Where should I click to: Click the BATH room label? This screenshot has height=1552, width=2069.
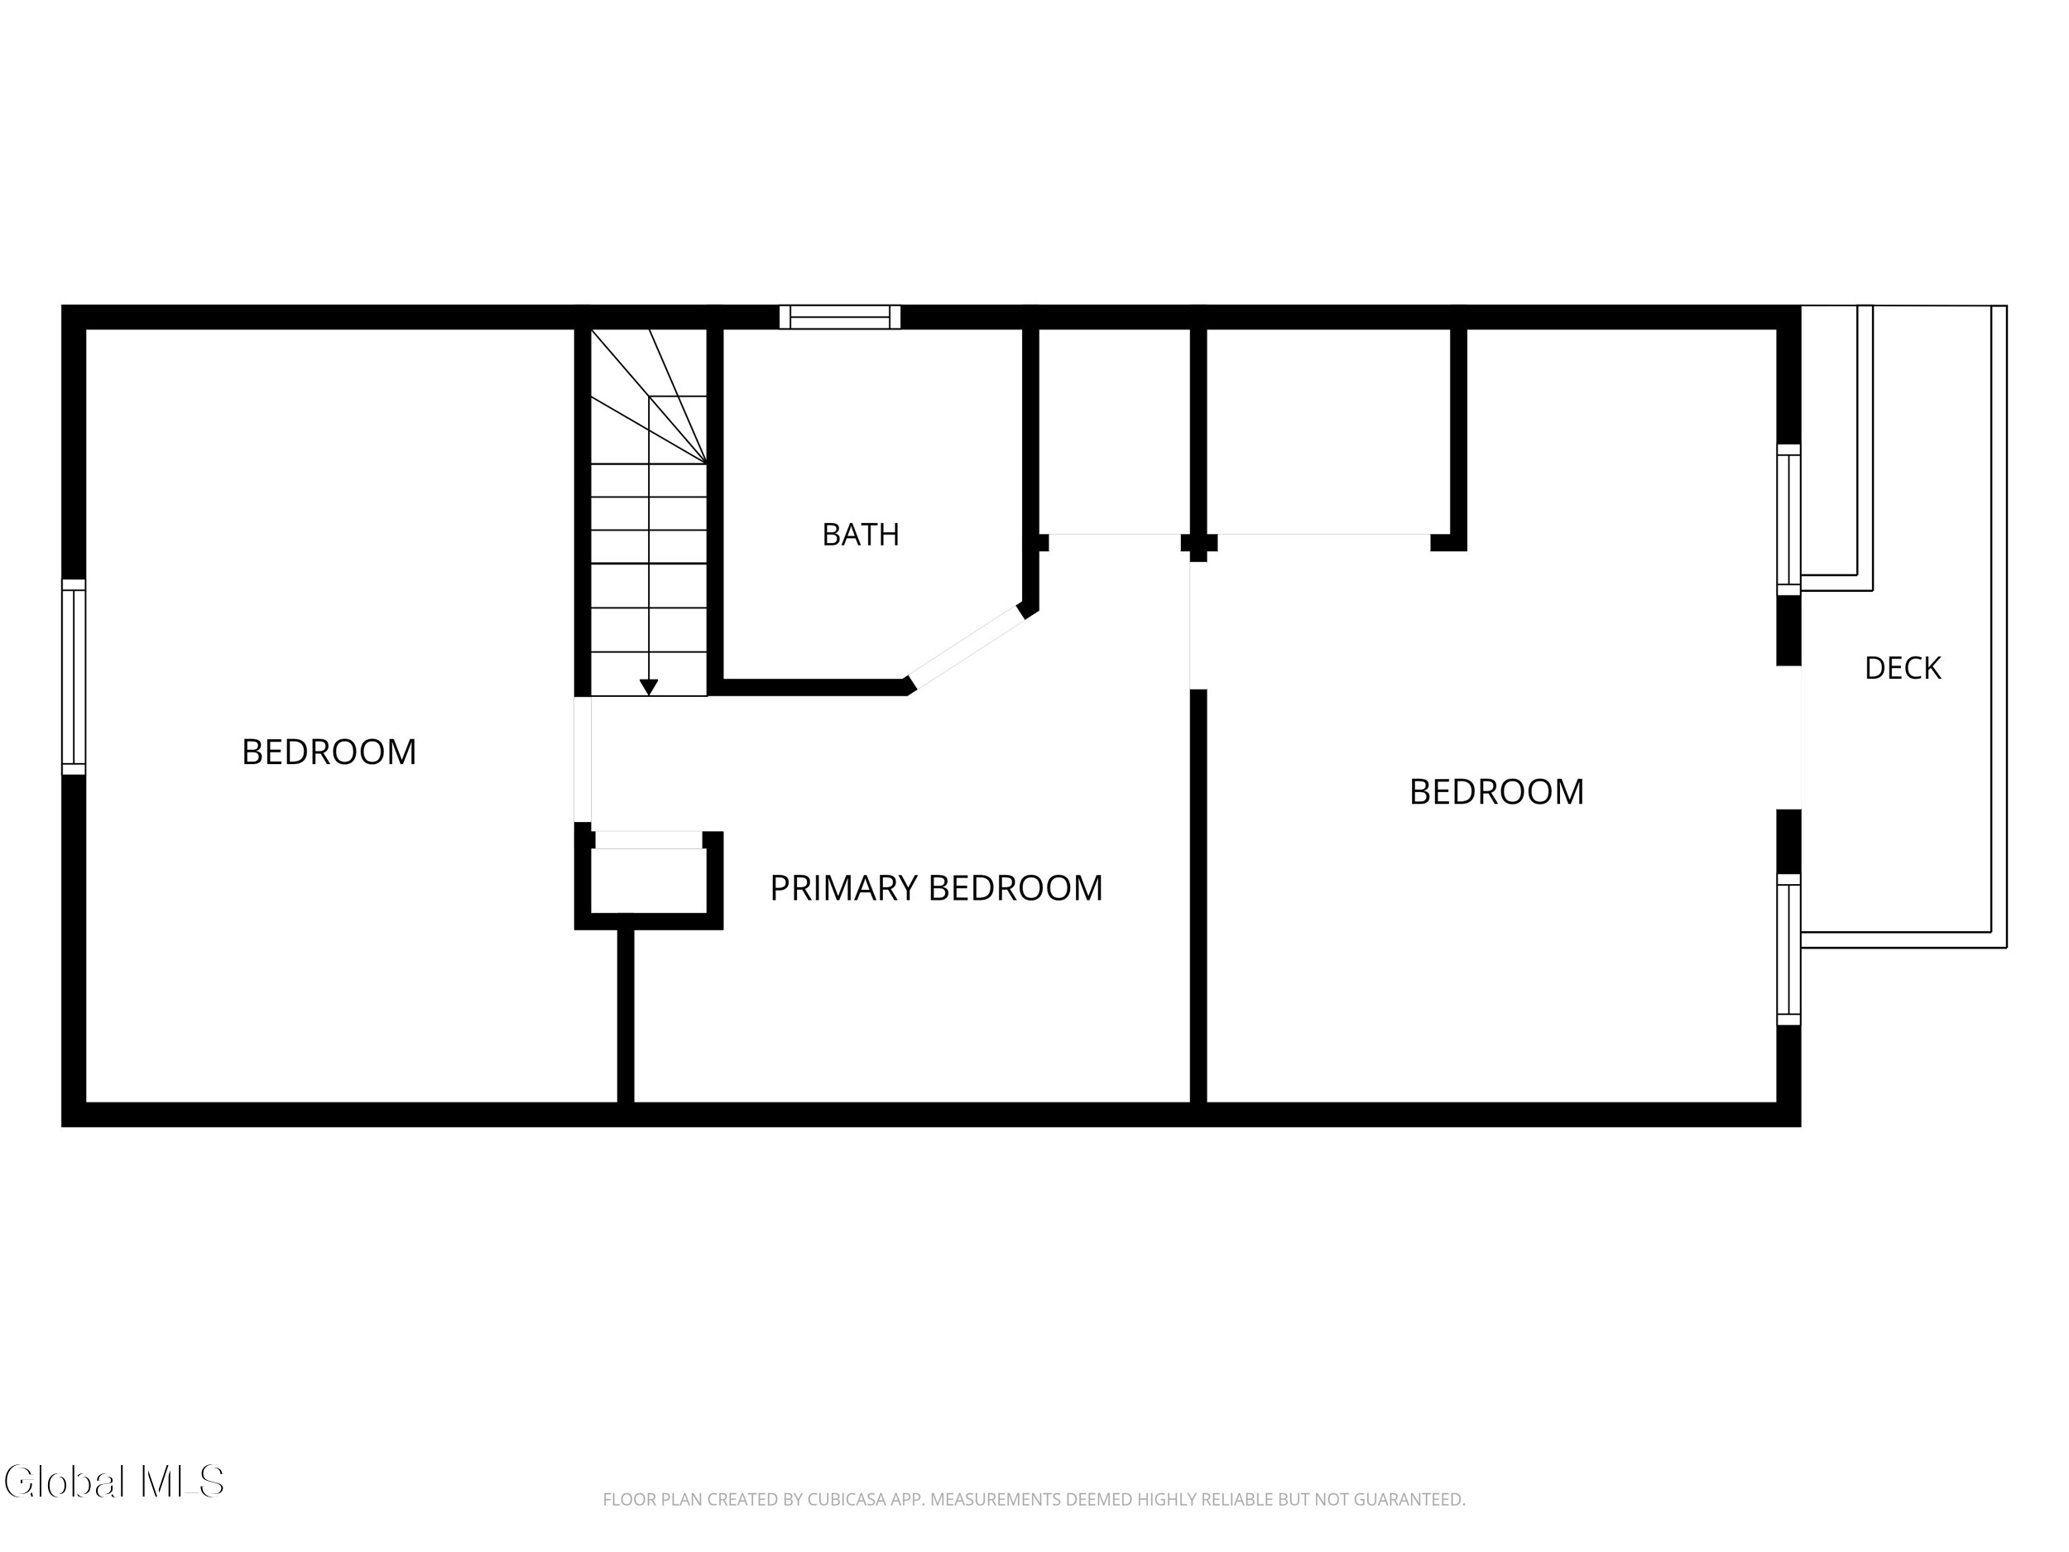861,534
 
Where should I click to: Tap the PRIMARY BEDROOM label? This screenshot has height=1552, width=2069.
936,888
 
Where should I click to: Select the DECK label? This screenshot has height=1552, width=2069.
1903,668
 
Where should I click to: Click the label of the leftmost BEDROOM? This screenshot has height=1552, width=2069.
329,752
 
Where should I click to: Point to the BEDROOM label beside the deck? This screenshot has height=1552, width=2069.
1496,792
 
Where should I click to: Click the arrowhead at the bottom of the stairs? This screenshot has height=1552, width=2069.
649,688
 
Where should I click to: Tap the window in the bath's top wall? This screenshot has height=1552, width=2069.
840,317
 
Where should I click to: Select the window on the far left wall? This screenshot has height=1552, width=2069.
74,677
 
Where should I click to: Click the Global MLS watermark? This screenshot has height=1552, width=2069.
114,1481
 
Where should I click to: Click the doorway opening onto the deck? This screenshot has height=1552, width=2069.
1788,738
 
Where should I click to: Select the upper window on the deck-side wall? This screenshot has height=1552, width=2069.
1788,519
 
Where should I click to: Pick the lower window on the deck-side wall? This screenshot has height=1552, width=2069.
1788,949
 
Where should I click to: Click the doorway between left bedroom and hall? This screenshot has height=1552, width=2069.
583,760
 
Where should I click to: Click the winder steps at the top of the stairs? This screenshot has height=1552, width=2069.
649,396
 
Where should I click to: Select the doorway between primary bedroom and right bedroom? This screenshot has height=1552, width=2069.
1198,626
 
